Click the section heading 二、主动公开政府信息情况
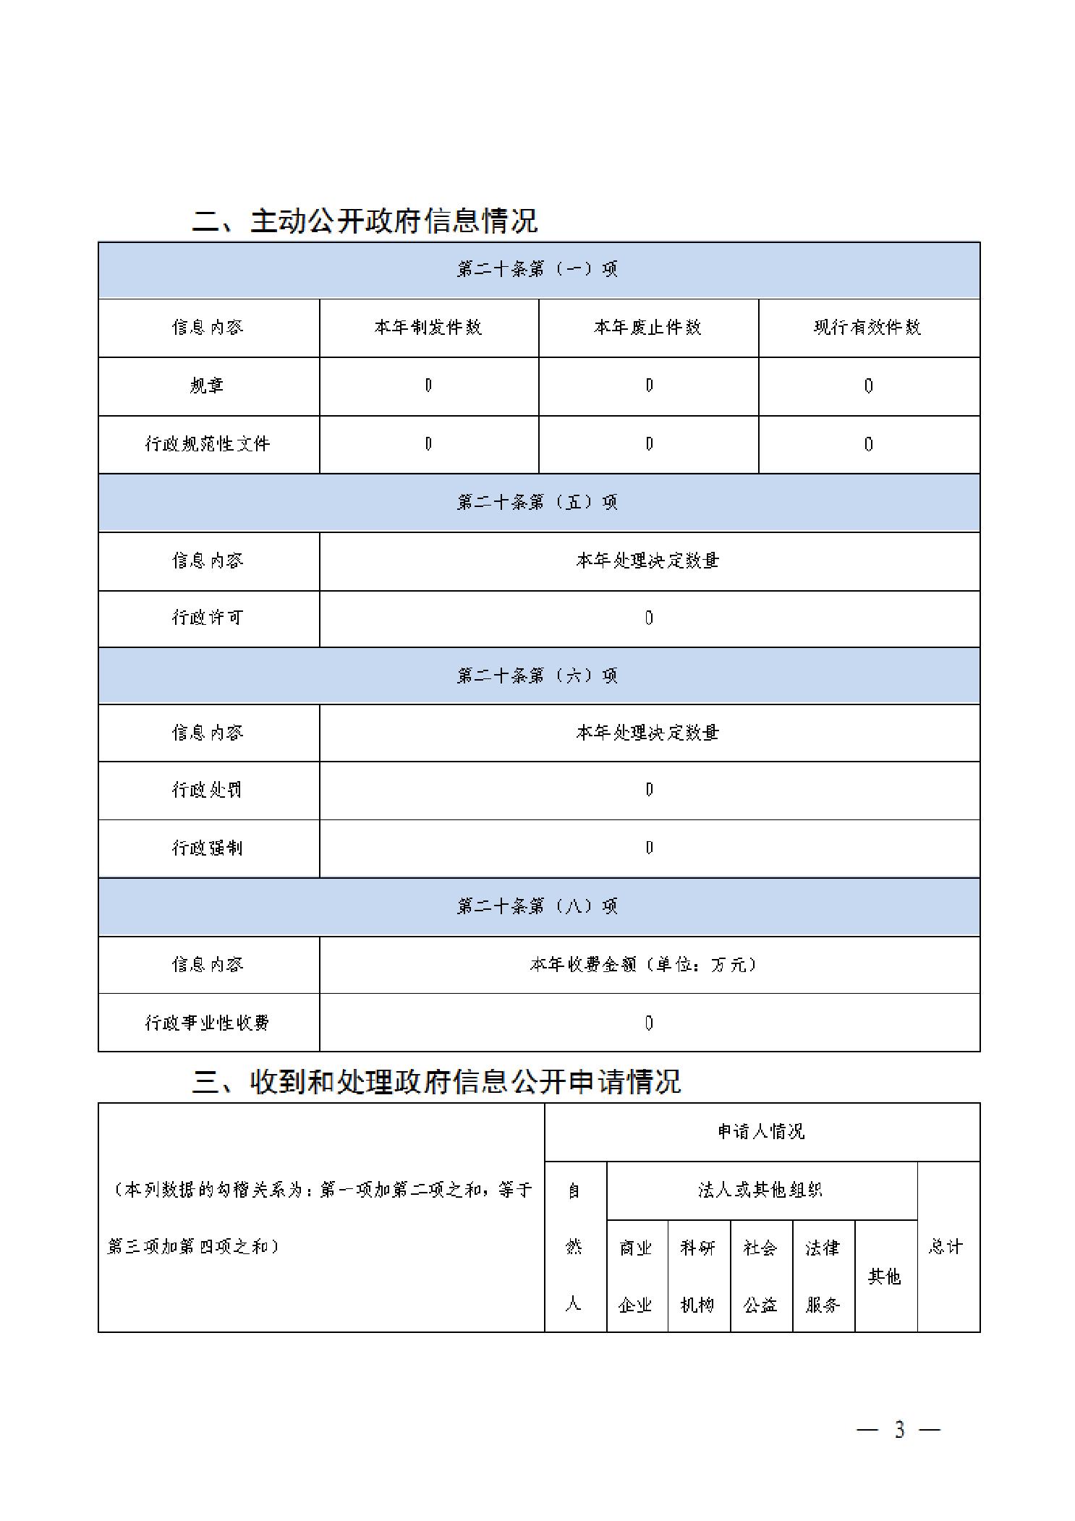pos(365,221)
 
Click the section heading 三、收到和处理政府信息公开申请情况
pos(436,1082)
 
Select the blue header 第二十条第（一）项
pos(537,269)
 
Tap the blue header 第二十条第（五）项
pos(537,502)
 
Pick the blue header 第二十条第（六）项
pos(537,676)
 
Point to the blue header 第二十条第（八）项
pos(537,906)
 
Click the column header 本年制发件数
pos(428,328)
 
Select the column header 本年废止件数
pos(648,328)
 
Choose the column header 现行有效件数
pos(868,328)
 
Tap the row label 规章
pos(207,385)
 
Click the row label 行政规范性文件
pos(207,444)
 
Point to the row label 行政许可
pos(207,618)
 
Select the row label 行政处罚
pos(207,790)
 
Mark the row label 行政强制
pos(207,848)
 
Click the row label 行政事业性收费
pos(207,1023)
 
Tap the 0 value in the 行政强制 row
pos(649,848)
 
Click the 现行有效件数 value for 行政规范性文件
pos(869,444)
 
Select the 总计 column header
pos(946,1247)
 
